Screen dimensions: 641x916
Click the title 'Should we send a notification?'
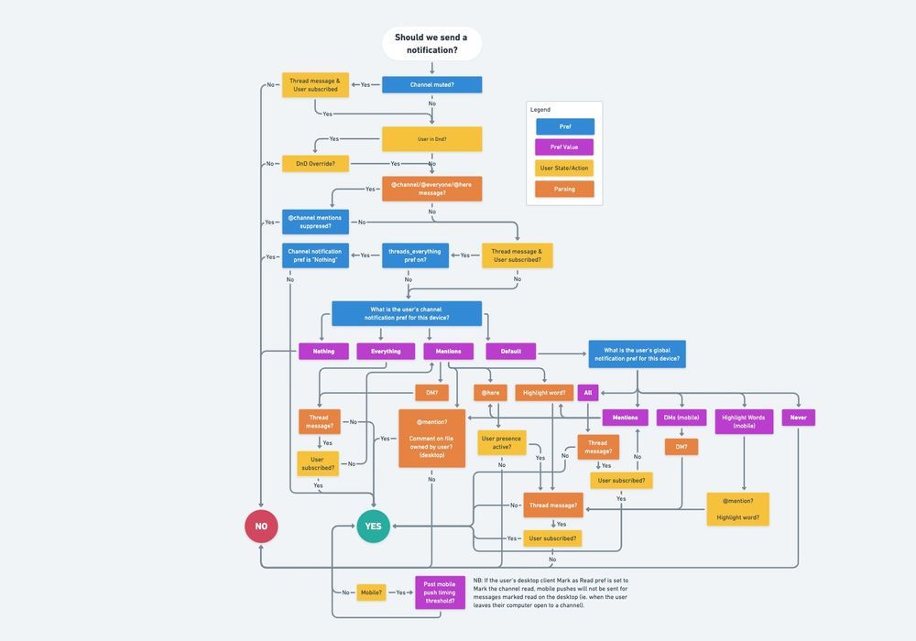(x=431, y=44)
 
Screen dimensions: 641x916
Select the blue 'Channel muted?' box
(x=431, y=84)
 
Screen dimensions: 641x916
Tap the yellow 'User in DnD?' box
(x=431, y=139)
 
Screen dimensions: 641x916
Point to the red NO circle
(x=261, y=527)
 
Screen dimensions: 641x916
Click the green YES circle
(x=373, y=527)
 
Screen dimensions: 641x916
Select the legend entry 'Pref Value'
(x=564, y=147)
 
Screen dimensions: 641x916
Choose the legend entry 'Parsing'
(x=564, y=190)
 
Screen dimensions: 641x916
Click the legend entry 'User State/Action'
(x=564, y=168)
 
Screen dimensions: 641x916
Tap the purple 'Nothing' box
(x=323, y=351)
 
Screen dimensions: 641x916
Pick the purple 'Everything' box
(x=386, y=351)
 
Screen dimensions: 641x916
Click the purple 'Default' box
(x=510, y=351)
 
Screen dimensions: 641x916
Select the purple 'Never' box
(x=798, y=418)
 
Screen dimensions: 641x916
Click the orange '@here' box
(x=490, y=393)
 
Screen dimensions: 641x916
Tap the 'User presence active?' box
(x=501, y=443)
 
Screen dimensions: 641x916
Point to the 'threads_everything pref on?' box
(x=415, y=255)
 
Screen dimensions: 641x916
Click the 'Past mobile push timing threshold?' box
(x=440, y=592)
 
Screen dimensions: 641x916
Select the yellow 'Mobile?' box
(x=371, y=592)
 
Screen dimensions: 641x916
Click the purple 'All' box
(x=588, y=393)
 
